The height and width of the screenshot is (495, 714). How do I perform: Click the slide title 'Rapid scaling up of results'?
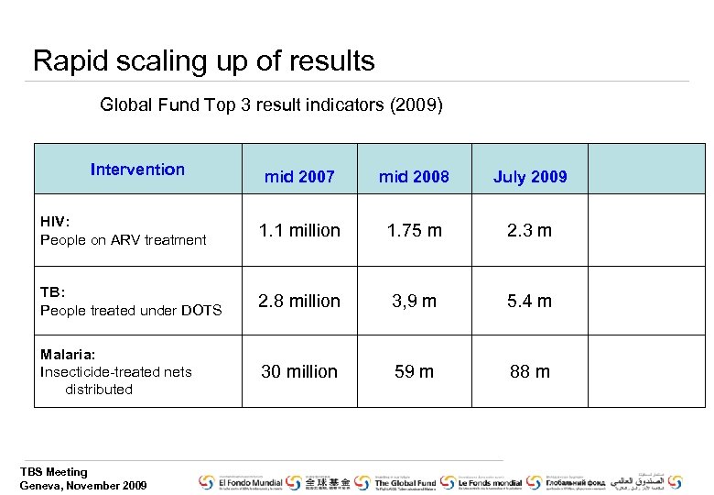[x=203, y=61]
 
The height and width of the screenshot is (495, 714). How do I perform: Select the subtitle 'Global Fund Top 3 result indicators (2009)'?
[x=271, y=104]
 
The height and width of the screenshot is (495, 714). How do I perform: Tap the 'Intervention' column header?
[x=137, y=169]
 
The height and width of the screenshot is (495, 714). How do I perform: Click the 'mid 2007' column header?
[x=299, y=177]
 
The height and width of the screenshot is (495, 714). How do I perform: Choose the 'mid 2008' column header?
[x=414, y=177]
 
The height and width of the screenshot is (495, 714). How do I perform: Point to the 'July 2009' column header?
[x=530, y=177]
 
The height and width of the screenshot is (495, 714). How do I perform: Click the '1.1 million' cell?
[x=299, y=230]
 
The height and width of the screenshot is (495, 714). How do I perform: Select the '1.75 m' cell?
[x=414, y=230]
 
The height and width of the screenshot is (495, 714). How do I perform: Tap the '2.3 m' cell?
[x=530, y=230]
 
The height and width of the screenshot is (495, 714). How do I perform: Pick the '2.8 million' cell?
[x=299, y=301]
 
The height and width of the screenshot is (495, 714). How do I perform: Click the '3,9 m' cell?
[x=414, y=301]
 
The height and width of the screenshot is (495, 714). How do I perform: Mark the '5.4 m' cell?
[x=530, y=301]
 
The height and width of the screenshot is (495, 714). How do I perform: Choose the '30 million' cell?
[x=299, y=371]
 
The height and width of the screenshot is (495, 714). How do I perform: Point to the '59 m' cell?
[x=414, y=371]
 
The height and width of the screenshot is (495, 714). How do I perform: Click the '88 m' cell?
[x=530, y=371]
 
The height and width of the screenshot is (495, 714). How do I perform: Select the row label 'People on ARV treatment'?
[x=123, y=240]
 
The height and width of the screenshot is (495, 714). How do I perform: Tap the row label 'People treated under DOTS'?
[x=131, y=310]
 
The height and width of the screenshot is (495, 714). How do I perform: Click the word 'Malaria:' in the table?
[x=68, y=354]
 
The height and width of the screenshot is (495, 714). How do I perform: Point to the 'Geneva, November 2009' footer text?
[x=83, y=485]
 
